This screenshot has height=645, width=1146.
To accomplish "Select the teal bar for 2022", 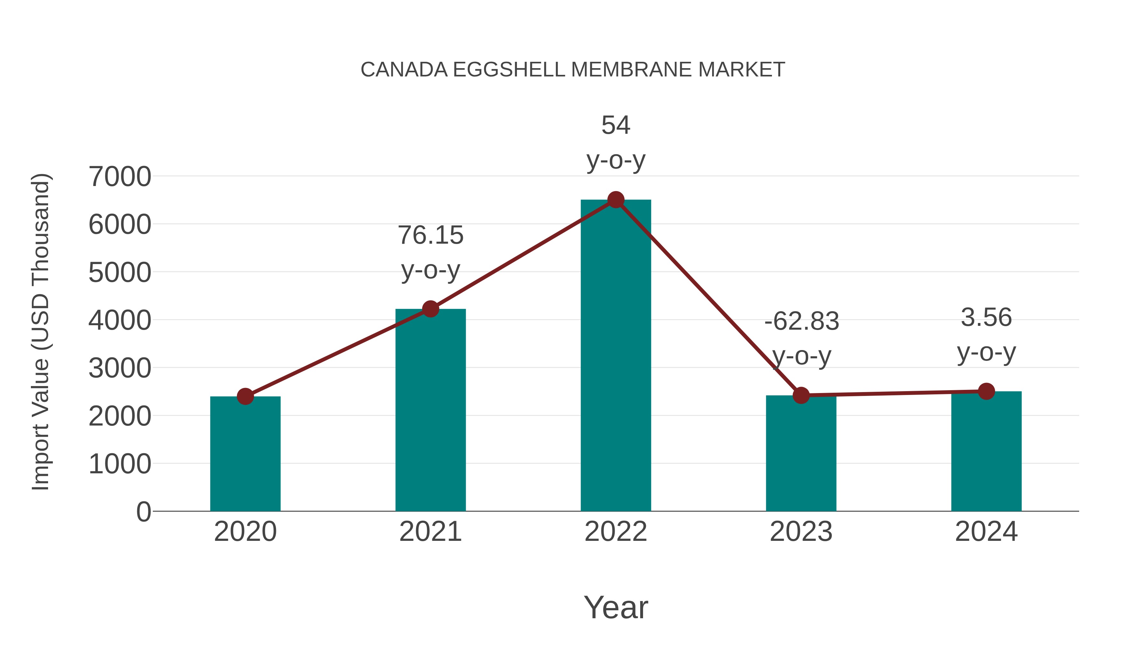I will click(x=616, y=356).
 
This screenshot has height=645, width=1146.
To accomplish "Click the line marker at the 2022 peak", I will click(x=616, y=200).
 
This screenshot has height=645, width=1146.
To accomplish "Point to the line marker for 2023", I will click(x=801, y=395).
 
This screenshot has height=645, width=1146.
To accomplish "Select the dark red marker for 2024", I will click(x=986, y=391).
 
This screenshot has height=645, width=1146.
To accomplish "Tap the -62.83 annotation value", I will click(x=801, y=321).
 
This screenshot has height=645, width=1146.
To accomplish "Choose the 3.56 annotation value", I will click(x=986, y=317).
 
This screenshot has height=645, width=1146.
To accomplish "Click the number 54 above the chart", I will click(x=616, y=125).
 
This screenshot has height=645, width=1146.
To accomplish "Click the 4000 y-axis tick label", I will click(x=120, y=320).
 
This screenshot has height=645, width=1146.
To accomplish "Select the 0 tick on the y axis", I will click(x=144, y=512).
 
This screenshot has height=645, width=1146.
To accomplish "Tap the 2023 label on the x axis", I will click(x=801, y=532).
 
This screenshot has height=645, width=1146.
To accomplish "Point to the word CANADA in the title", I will click(x=404, y=70).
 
